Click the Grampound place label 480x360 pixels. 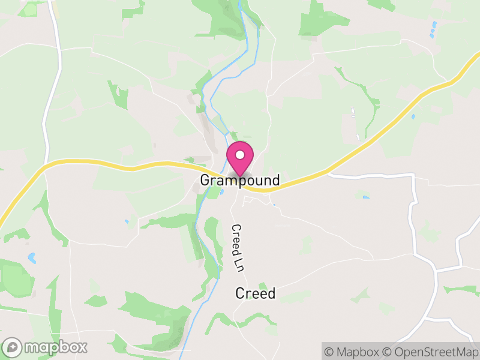(x=239, y=180)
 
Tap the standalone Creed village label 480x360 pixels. (x=255, y=293)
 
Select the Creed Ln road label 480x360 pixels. (x=238, y=248)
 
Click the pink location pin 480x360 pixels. (x=240, y=157)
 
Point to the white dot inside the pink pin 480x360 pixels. (x=240, y=155)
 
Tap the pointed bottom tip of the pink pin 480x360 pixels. (x=240, y=175)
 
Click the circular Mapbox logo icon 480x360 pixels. (x=13, y=347)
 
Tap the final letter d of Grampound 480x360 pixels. (x=275, y=180)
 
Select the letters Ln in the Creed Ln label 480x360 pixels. (x=238, y=264)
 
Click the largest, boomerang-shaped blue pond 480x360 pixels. (x=32, y=259)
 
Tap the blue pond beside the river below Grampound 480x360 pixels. (x=222, y=192)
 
